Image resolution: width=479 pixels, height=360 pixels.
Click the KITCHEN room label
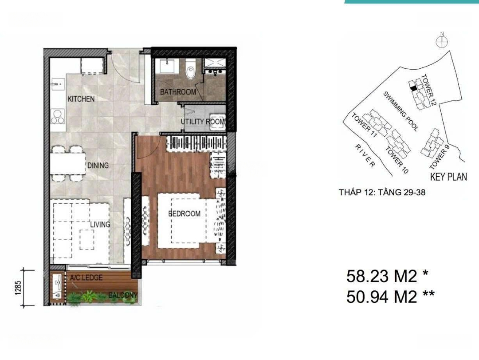click(x=81, y=99)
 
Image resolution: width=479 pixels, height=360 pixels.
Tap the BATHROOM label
click(x=178, y=91)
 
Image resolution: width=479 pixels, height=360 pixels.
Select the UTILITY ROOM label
click(x=203, y=122)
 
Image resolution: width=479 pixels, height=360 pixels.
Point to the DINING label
click(x=98, y=166)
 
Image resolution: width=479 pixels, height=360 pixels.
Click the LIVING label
click(x=100, y=225)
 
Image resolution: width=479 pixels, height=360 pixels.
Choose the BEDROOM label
click(x=185, y=214)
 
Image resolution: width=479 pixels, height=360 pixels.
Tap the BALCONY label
click(x=123, y=296)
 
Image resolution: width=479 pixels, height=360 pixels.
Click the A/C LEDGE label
click(x=86, y=278)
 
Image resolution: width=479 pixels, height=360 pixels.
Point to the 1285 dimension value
click(x=18, y=288)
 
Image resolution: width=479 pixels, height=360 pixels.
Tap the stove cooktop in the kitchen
click(x=58, y=117)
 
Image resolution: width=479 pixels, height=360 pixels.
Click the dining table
click(x=68, y=164)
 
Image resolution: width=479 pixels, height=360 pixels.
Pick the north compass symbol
click(x=442, y=41)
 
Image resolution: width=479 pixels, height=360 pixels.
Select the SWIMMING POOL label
click(x=401, y=111)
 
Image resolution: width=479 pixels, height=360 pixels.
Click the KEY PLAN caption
click(x=448, y=177)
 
